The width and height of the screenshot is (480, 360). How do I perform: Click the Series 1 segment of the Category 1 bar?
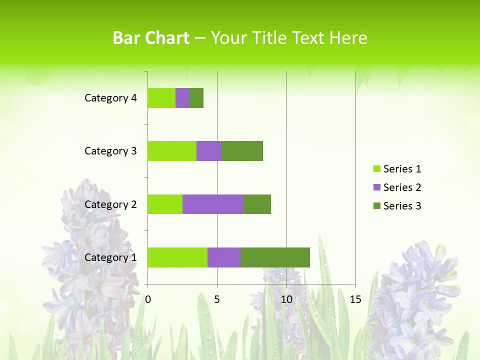pyautogui.click(x=177, y=257)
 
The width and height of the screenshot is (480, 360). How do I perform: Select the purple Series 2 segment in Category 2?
pyautogui.click(x=213, y=204)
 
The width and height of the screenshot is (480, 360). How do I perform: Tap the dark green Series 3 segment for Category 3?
pyautogui.click(x=242, y=151)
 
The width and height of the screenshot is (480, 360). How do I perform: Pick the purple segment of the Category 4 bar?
pyautogui.click(x=182, y=98)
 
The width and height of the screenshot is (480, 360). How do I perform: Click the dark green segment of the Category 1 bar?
pyautogui.click(x=275, y=257)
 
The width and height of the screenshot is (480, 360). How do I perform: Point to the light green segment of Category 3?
pyautogui.click(x=172, y=151)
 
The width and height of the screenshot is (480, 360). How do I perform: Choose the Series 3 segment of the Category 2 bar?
pyautogui.click(x=257, y=204)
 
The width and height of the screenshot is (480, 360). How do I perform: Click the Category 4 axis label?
pyautogui.click(x=110, y=98)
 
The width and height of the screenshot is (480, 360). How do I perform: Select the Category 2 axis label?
pyautogui.click(x=110, y=204)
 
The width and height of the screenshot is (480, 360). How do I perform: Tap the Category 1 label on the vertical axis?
pyautogui.click(x=110, y=257)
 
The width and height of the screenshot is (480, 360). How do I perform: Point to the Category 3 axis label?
pyautogui.click(x=110, y=151)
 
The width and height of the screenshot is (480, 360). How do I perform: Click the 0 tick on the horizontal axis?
pyautogui.click(x=148, y=299)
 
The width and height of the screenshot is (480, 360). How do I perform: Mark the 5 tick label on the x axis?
pyautogui.click(x=217, y=299)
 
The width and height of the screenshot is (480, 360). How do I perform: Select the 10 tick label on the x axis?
pyautogui.click(x=286, y=299)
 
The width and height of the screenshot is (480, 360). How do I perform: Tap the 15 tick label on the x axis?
pyautogui.click(x=355, y=299)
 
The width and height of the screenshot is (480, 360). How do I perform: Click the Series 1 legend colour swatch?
pyautogui.click(x=376, y=169)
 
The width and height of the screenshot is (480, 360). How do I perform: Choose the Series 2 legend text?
pyautogui.click(x=402, y=187)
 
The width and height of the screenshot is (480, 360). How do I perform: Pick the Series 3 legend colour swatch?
pyautogui.click(x=376, y=206)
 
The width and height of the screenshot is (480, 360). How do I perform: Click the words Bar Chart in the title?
pyautogui.click(x=151, y=38)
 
